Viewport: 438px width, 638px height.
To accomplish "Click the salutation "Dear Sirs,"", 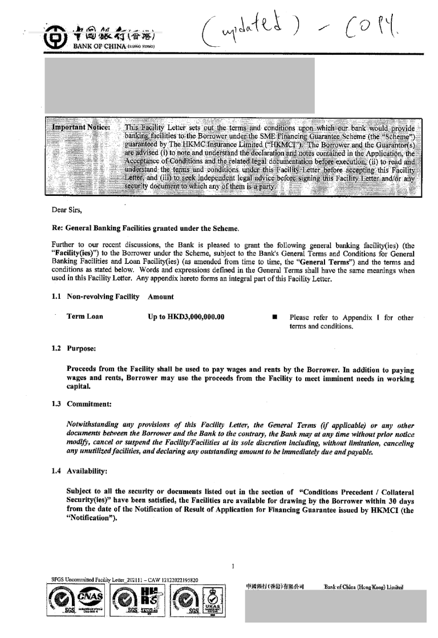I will pyautogui.click(x=67, y=210).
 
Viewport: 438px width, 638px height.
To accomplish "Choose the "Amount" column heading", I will pyautogui.click(x=161, y=297).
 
